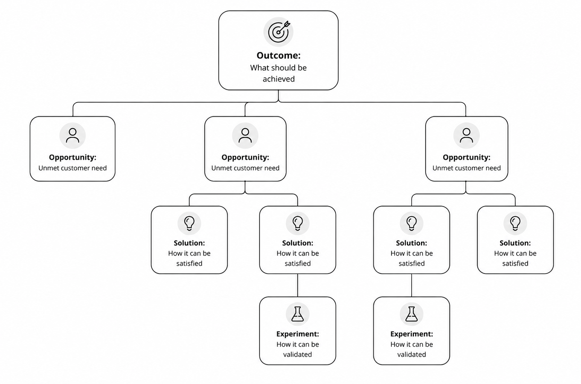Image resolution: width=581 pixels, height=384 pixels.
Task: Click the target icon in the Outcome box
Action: coord(278,32)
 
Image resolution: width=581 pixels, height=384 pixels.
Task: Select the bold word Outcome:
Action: coord(278,55)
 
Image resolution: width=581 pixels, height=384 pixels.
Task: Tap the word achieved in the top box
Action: coord(279,79)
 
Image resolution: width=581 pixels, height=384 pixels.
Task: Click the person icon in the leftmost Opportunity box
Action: coord(73,136)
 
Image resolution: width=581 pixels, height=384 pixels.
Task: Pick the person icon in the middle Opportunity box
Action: coord(245,136)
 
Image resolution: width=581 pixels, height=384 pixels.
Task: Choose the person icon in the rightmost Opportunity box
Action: coord(467,136)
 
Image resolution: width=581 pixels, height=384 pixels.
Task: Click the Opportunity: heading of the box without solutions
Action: coord(73,158)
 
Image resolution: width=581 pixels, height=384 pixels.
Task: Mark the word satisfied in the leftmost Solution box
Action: coord(189,263)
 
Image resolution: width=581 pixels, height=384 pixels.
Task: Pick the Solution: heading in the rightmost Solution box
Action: coord(515,243)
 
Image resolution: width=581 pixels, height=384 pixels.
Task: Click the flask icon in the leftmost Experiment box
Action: coord(297,314)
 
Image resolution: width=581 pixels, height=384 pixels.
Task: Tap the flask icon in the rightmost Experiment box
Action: coord(412,314)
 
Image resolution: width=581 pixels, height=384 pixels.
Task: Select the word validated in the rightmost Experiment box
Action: coord(412,355)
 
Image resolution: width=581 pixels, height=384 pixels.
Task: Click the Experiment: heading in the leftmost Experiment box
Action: coord(297,334)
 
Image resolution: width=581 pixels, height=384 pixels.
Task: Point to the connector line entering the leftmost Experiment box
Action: coord(297,285)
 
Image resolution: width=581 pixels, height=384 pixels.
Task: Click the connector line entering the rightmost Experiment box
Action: coord(412,285)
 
